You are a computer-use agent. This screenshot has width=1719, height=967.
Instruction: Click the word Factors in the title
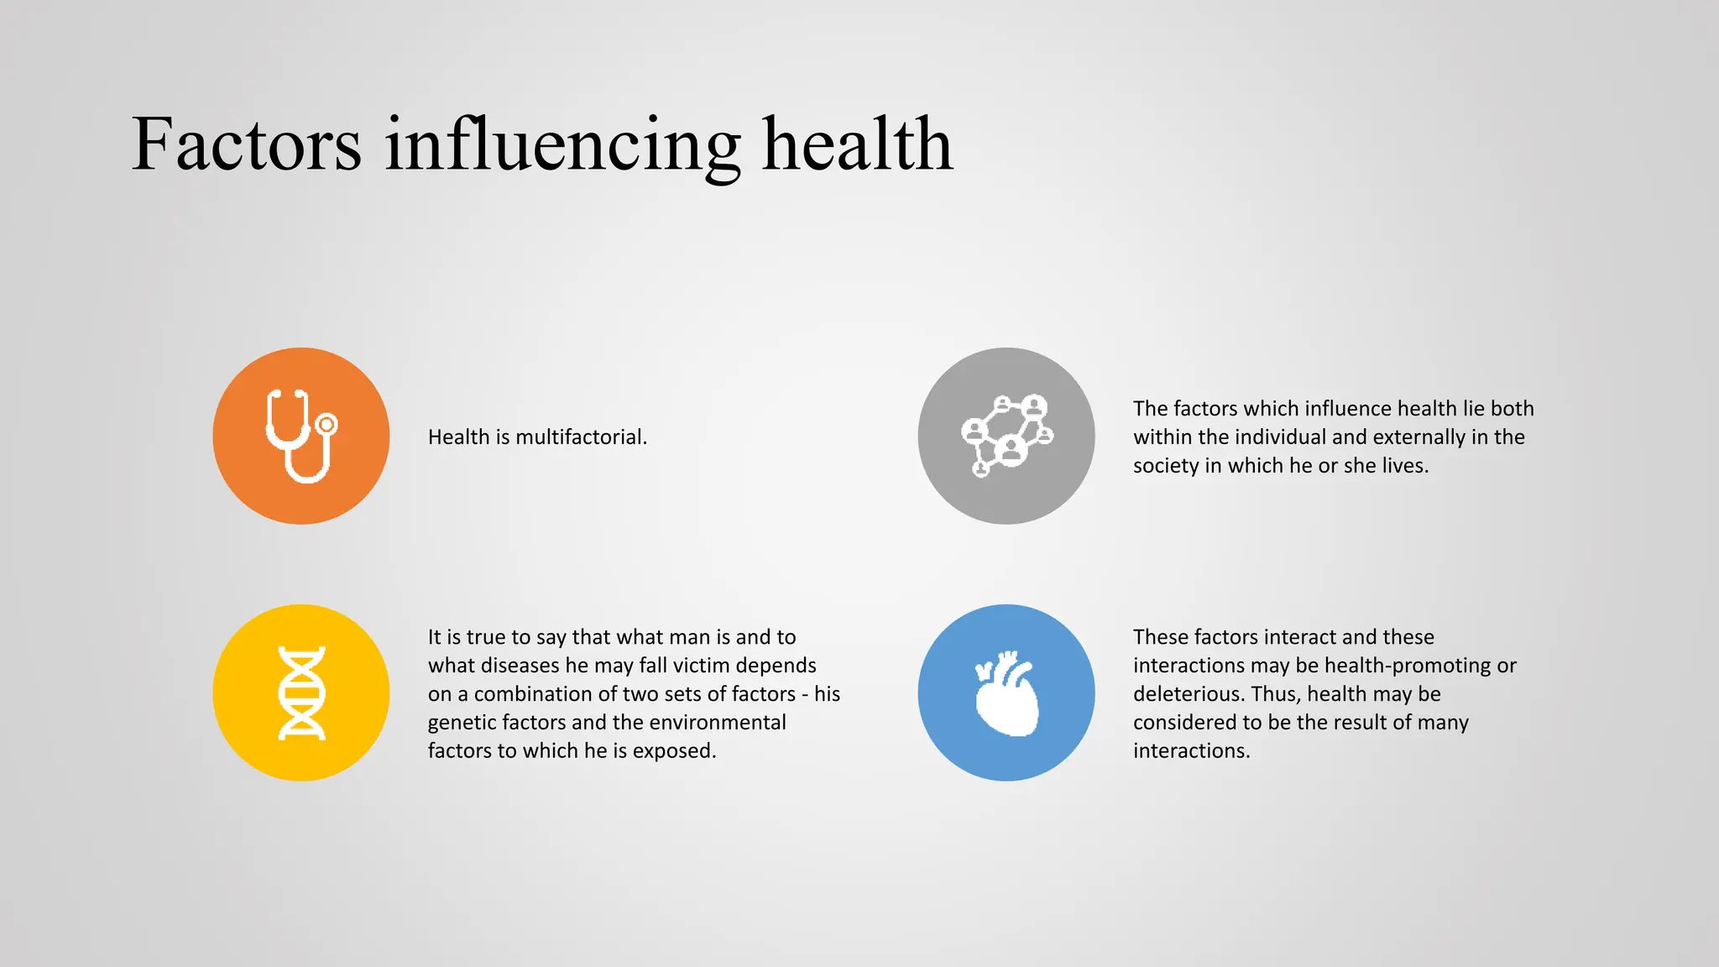tap(246, 144)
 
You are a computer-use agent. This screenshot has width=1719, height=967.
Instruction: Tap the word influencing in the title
tap(562, 144)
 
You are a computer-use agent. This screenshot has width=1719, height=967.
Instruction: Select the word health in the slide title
tap(857, 144)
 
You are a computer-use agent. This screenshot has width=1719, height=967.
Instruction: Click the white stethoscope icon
tap(301, 436)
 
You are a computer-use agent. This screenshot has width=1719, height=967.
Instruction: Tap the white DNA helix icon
tap(301, 693)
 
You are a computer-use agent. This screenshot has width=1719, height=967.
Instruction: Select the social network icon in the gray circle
tap(1006, 436)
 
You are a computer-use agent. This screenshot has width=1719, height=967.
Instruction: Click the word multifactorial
tap(581, 437)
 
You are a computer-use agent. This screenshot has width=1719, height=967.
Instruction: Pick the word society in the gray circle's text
tap(1166, 466)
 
